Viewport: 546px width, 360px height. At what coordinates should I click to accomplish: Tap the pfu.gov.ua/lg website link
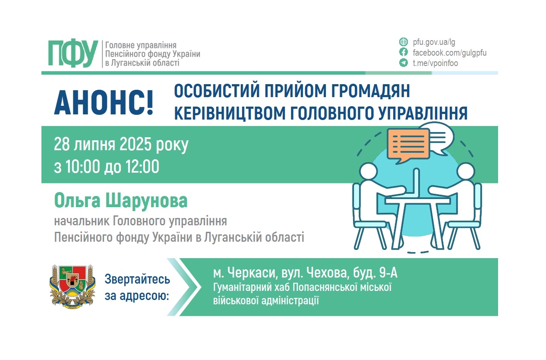click(x=434, y=42)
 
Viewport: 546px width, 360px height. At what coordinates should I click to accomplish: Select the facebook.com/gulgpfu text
click(x=449, y=53)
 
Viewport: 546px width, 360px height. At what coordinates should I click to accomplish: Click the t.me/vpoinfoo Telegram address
click(x=435, y=63)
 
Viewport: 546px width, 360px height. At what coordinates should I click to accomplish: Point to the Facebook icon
click(x=404, y=53)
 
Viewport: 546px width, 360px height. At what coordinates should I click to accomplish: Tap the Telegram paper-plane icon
click(x=404, y=63)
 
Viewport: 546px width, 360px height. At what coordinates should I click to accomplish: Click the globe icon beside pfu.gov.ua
click(x=404, y=42)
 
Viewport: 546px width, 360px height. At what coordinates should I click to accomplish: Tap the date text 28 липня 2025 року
click(x=121, y=145)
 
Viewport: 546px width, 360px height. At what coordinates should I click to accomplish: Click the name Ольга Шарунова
click(x=121, y=201)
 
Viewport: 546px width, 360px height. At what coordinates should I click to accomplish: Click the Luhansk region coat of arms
click(x=72, y=286)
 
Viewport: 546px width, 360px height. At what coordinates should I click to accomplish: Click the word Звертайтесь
click(x=137, y=280)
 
